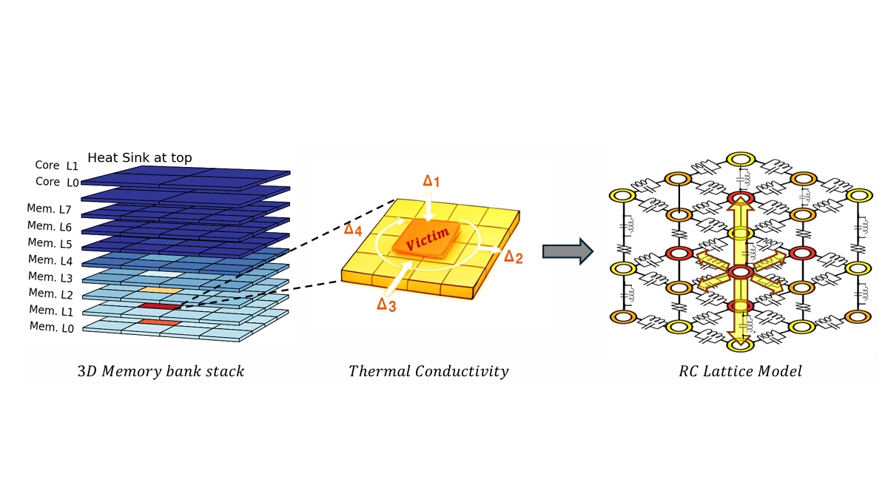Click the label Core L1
click(56, 167)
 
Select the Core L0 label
click(56, 182)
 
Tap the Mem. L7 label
click(50, 211)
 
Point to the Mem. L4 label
click(50, 259)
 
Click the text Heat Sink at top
click(140, 157)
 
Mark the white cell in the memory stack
click(163, 273)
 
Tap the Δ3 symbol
click(386, 304)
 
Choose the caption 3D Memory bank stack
click(161, 371)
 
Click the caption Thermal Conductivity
click(428, 371)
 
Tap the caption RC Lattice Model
click(740, 371)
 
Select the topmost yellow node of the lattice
click(737, 160)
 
